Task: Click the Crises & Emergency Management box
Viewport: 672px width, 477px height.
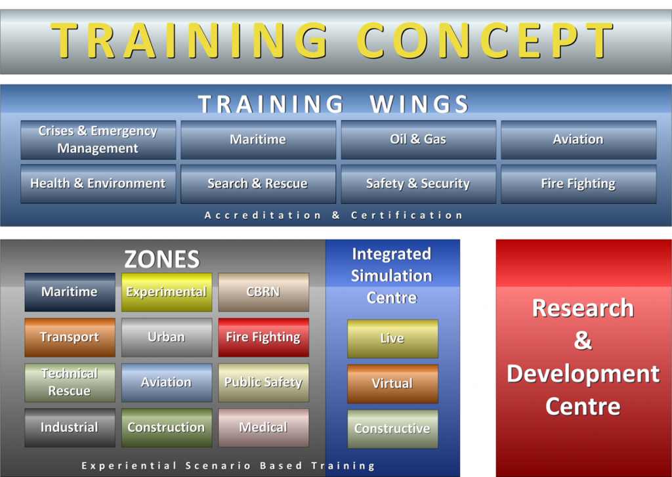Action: pyautogui.click(x=98, y=140)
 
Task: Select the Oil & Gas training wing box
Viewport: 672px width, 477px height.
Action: pyautogui.click(x=418, y=140)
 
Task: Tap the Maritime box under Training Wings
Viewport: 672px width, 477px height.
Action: pyautogui.click(x=258, y=140)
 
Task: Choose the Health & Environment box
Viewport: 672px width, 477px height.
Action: pyautogui.click(x=98, y=184)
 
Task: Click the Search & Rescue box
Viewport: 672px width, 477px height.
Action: pyautogui.click(x=258, y=184)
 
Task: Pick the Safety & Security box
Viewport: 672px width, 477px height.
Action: pyautogui.click(x=418, y=184)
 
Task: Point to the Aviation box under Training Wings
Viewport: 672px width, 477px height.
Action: pyautogui.click(x=579, y=140)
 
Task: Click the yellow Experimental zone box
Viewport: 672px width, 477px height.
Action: pyautogui.click(x=167, y=292)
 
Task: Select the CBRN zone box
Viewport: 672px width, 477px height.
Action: pyautogui.click(x=264, y=292)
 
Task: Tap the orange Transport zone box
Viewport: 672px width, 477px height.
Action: pyautogui.click(x=70, y=337)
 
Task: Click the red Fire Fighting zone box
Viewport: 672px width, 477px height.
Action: pyautogui.click(x=264, y=337)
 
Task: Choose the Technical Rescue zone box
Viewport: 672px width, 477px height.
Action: pyautogui.click(x=70, y=383)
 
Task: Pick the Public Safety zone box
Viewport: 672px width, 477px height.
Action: pyautogui.click(x=264, y=383)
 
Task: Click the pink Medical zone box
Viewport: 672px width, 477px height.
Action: pyautogui.click(x=264, y=428)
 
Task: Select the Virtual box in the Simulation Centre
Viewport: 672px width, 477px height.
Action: pyautogui.click(x=392, y=384)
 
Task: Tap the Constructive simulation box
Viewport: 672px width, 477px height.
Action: pyautogui.click(x=392, y=429)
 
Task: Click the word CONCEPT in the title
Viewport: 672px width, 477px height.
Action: pyautogui.click(x=485, y=40)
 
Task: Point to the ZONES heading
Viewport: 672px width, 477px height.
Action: pyautogui.click(x=162, y=259)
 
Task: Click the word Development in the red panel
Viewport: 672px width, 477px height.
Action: pyautogui.click(x=583, y=374)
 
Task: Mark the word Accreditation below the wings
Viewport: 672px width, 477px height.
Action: pyautogui.click(x=262, y=215)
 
